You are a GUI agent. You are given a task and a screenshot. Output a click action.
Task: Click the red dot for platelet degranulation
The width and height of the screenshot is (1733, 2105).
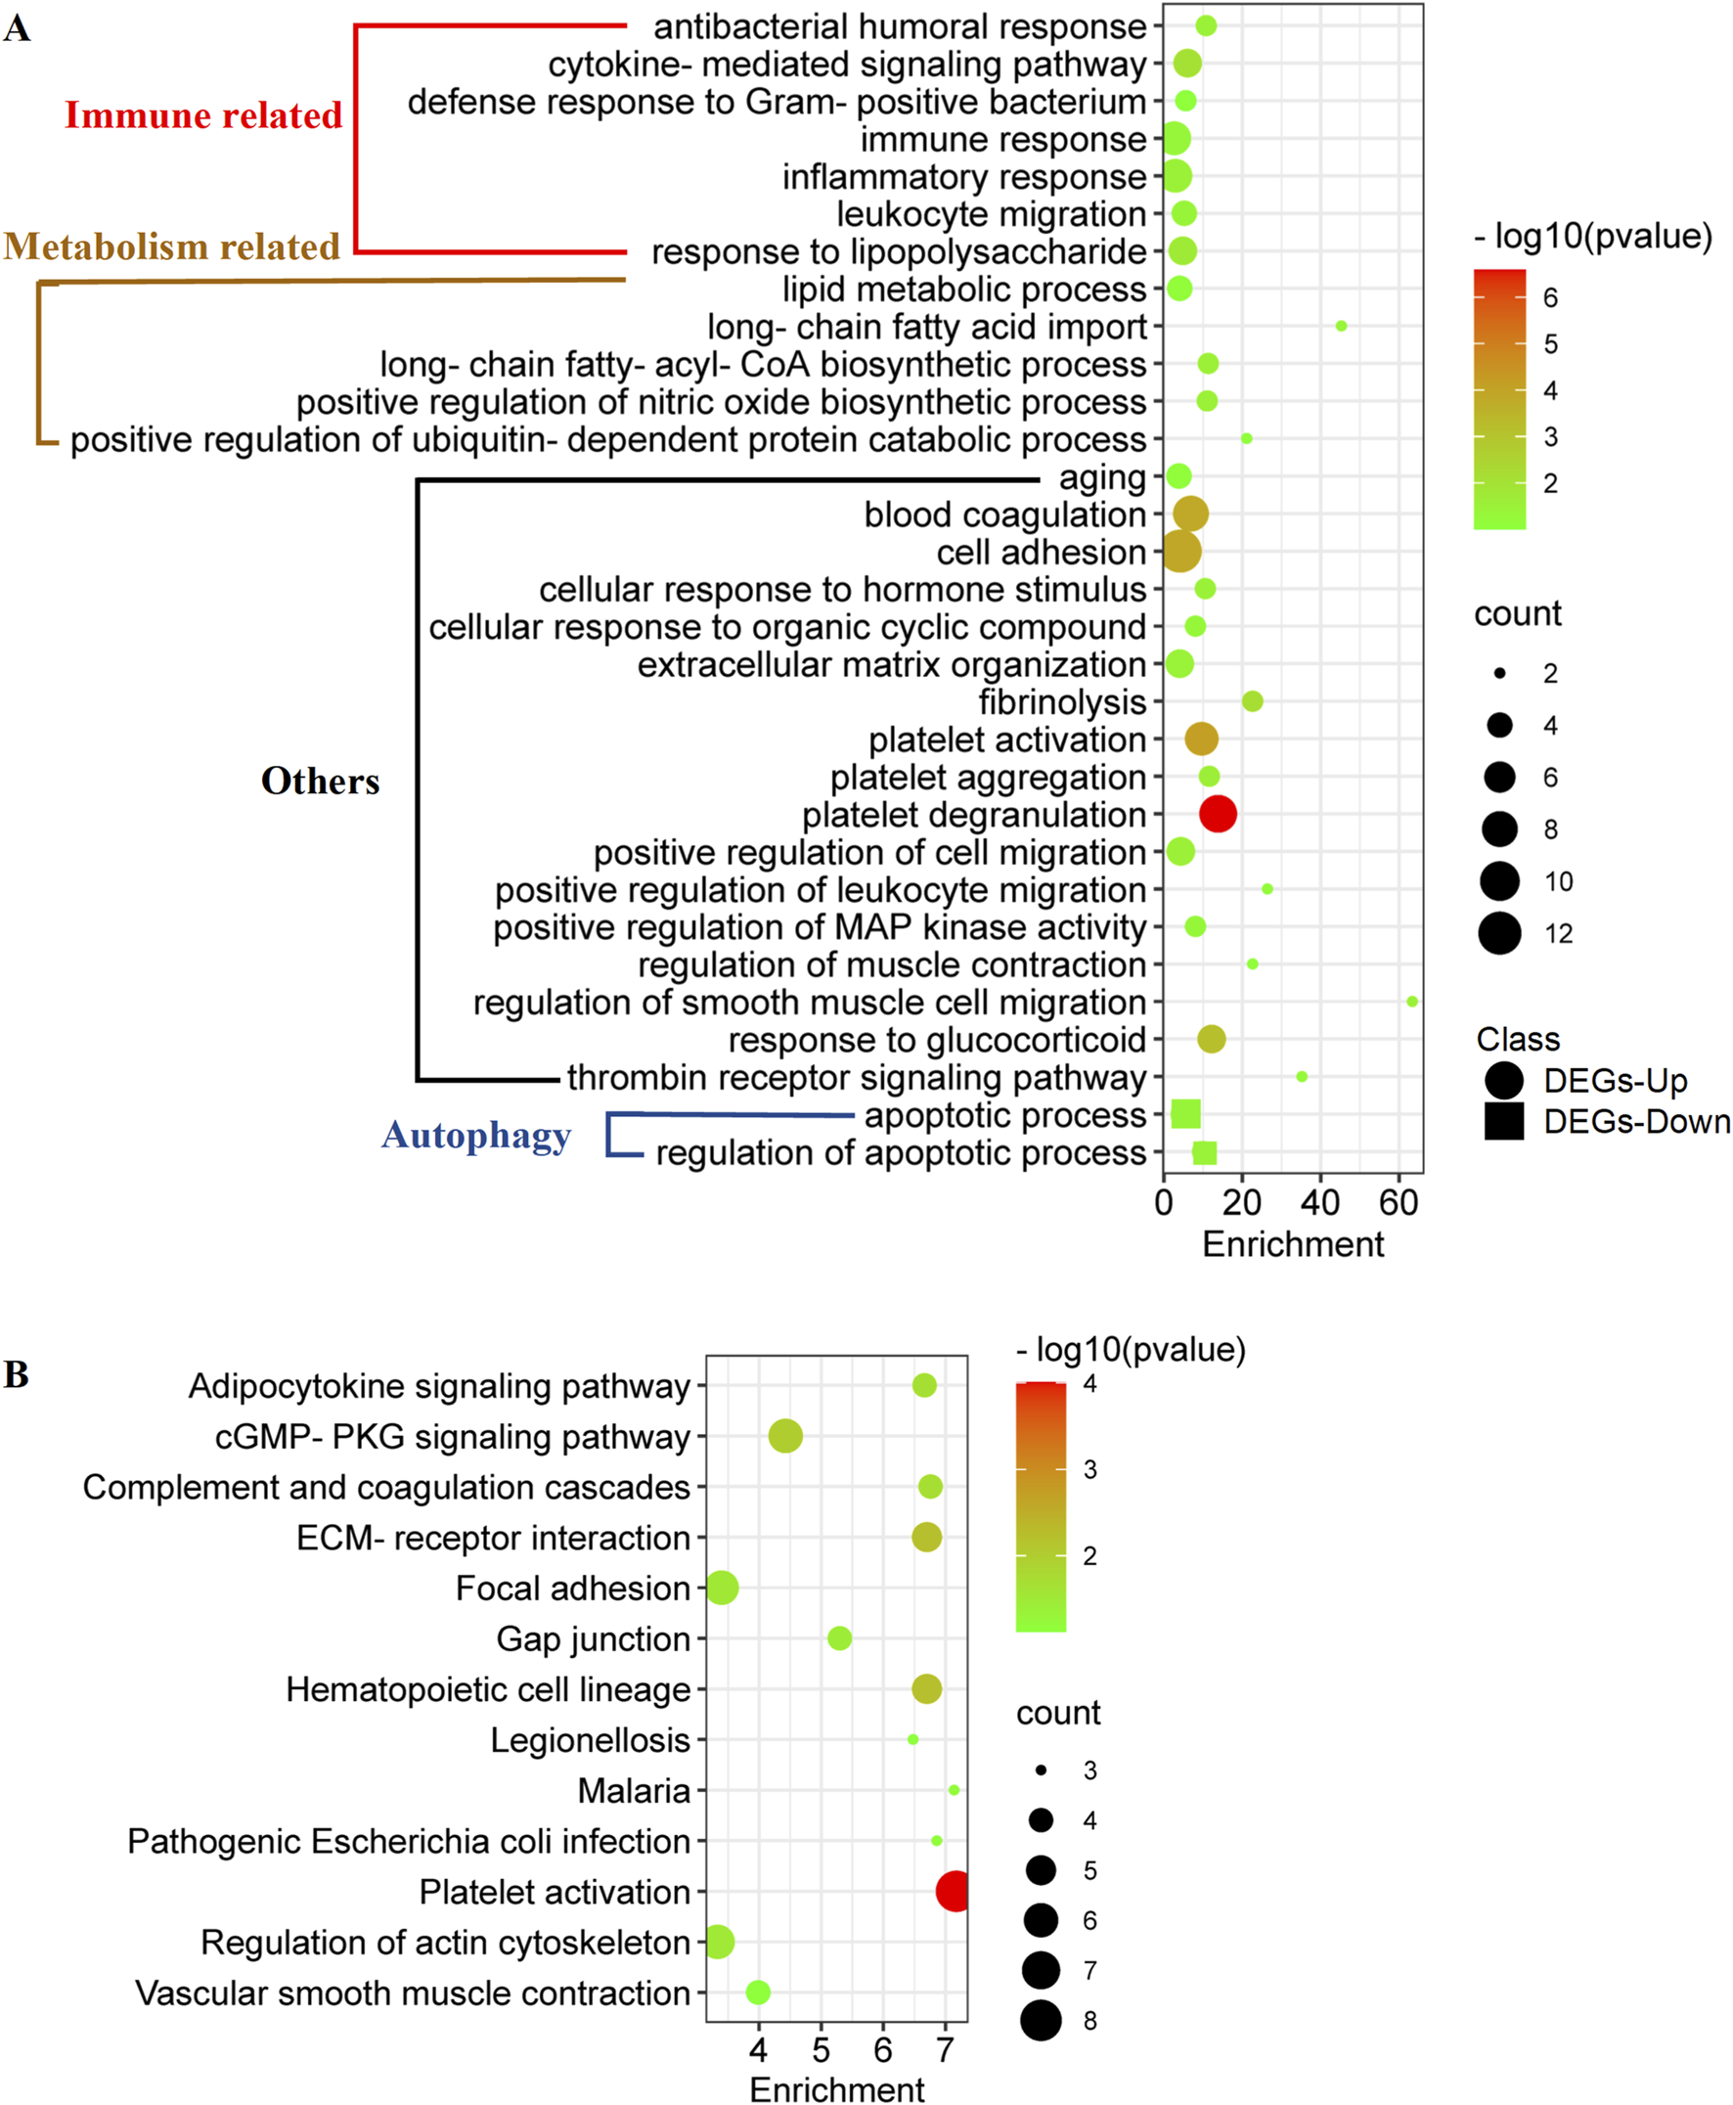click(1218, 814)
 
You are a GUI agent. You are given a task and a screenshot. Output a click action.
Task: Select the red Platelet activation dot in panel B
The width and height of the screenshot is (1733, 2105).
click(955, 1892)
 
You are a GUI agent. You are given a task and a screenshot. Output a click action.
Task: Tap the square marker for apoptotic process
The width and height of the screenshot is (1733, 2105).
click(1186, 1113)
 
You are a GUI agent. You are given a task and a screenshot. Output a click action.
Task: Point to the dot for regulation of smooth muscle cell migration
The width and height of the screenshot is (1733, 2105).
click(1411, 1001)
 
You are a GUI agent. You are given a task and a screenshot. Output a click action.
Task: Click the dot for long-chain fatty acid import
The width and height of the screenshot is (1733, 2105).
click(1341, 326)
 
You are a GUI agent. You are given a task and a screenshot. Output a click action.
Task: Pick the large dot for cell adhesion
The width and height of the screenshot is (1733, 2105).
click(1182, 552)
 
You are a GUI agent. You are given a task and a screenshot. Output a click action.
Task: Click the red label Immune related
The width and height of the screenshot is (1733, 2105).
click(203, 115)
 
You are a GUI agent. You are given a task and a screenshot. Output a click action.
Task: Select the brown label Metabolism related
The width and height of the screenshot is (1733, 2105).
click(172, 246)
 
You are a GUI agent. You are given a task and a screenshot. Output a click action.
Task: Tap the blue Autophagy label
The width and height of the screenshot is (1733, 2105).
click(476, 1136)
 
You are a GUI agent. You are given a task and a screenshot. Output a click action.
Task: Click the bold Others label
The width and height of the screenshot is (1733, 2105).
click(321, 781)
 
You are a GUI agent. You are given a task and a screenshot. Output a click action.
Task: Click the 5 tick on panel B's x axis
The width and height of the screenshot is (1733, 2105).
click(821, 2050)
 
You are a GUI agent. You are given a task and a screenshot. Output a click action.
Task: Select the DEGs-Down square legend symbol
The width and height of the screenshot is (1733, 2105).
click(1503, 1121)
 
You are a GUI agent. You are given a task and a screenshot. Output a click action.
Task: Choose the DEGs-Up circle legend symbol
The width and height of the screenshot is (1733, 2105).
click(1503, 1081)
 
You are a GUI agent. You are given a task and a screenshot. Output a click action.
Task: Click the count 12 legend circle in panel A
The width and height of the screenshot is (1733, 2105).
click(1499, 934)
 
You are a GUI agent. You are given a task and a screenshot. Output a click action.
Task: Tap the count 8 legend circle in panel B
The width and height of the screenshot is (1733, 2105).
click(1041, 2021)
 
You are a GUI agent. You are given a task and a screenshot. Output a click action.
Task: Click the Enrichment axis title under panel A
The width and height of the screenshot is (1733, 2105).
click(1293, 1245)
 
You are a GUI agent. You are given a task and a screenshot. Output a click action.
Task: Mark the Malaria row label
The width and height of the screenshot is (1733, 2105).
click(634, 1791)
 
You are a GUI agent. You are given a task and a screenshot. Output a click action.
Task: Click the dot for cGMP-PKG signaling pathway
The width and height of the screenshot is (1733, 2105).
click(785, 1437)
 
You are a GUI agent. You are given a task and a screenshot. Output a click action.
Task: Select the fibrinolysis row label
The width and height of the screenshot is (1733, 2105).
click(1061, 702)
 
